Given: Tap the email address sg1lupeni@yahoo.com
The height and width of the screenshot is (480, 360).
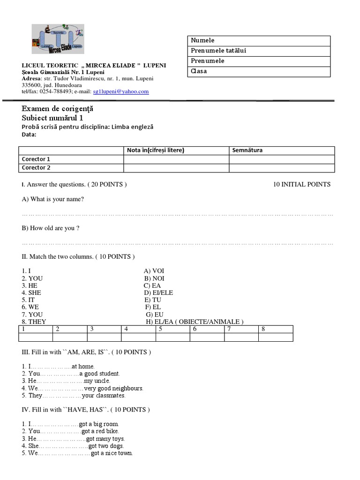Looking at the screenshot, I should [x=121, y=92].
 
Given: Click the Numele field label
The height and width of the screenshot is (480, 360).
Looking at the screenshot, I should [x=202, y=40].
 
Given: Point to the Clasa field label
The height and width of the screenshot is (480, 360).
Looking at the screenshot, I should [x=199, y=71].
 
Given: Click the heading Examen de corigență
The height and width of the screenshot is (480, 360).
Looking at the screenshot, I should [x=58, y=109].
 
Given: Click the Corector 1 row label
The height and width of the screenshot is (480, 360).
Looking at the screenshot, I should [x=36, y=159].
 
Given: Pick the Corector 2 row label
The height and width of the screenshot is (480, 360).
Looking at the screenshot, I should [x=36, y=168].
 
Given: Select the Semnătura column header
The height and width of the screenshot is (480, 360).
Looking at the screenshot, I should [x=247, y=150].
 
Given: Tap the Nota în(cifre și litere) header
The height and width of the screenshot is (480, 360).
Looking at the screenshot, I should [x=156, y=150].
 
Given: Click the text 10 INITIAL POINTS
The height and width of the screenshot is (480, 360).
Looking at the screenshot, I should [x=301, y=184].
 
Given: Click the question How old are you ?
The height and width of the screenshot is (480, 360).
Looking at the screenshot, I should [x=51, y=228].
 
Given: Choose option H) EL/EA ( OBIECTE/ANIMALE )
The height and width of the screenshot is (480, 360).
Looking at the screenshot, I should [x=194, y=322].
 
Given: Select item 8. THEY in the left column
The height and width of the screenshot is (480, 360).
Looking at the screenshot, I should [x=34, y=322].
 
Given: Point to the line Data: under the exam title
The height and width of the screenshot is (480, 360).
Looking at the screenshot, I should [x=30, y=135].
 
